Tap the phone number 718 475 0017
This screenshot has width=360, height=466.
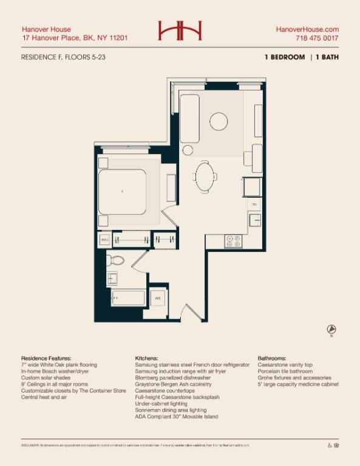click(x=317, y=38)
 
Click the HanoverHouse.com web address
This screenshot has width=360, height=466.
click(x=307, y=29)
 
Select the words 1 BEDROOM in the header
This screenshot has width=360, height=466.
click(x=284, y=57)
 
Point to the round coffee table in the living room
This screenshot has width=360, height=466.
click(x=219, y=121)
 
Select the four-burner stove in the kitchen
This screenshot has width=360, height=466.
click(x=233, y=241)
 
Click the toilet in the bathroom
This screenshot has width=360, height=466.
click(x=115, y=262)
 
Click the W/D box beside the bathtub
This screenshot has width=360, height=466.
click(x=157, y=299)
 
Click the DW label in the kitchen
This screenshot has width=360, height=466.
click(x=254, y=205)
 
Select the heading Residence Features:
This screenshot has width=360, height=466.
click(x=46, y=359)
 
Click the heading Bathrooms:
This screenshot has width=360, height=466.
click(x=272, y=359)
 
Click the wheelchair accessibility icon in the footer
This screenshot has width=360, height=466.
click(x=330, y=445)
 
